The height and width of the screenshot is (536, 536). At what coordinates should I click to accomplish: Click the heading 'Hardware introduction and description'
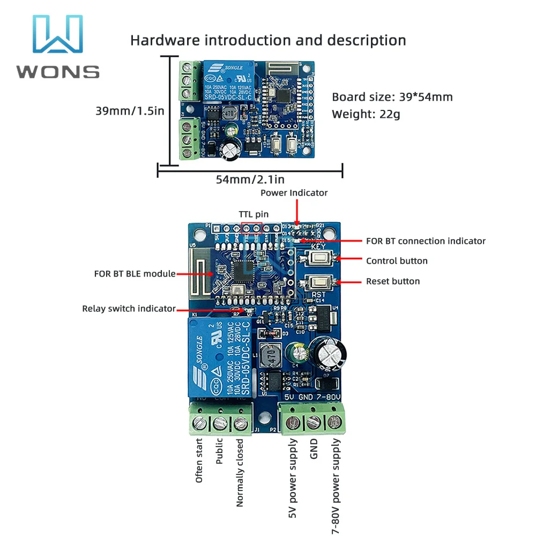(x=268, y=40)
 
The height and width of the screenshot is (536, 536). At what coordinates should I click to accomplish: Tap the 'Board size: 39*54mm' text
(x=392, y=97)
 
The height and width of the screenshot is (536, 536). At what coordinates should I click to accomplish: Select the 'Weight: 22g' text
(x=366, y=114)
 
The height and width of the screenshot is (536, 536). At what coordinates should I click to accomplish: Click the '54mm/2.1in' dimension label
(x=249, y=180)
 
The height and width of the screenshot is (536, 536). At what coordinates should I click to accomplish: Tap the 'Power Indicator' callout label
(x=294, y=193)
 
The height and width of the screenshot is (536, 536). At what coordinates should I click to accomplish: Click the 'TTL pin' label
(x=254, y=214)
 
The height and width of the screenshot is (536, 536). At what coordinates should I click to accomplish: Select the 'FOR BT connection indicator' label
(x=426, y=241)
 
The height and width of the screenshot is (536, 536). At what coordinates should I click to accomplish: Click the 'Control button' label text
(x=397, y=261)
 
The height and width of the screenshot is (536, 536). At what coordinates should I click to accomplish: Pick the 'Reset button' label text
(x=393, y=281)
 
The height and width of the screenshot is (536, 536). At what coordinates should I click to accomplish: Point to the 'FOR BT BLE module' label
(x=135, y=274)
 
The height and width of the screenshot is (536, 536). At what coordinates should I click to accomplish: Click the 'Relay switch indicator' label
(x=129, y=309)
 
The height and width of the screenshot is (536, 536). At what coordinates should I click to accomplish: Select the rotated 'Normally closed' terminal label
(x=240, y=473)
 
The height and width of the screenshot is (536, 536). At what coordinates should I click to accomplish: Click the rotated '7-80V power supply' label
(x=336, y=482)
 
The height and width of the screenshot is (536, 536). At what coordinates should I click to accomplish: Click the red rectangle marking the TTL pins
(x=251, y=228)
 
